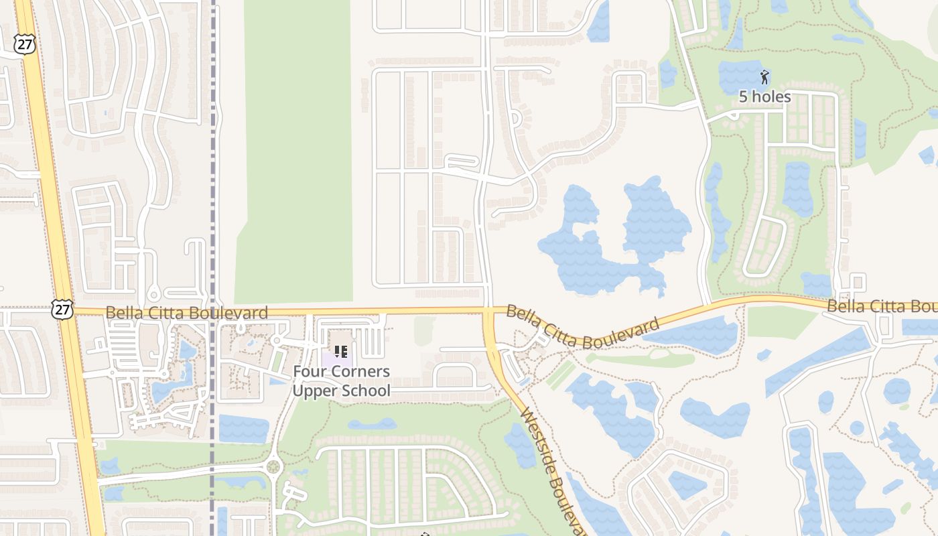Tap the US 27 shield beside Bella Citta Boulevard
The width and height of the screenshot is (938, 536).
[x=62, y=309]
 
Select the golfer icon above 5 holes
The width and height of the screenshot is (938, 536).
[x=764, y=77]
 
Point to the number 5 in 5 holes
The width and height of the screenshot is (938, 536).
[x=743, y=96]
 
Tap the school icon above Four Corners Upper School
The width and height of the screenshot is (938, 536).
[x=340, y=351]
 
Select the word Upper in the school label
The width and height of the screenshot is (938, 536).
[x=315, y=391]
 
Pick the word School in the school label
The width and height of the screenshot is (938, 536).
[x=366, y=391]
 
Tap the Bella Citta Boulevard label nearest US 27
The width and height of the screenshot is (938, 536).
[x=187, y=312]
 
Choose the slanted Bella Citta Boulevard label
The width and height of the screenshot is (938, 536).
[x=583, y=326]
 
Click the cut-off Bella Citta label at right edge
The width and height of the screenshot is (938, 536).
[x=882, y=307]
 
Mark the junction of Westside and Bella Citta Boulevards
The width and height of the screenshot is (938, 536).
[x=488, y=311]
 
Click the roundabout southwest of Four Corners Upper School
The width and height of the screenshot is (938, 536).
[x=273, y=466]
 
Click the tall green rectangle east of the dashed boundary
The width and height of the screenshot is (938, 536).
[x=295, y=154]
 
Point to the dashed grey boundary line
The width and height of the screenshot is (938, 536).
[x=213, y=201]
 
